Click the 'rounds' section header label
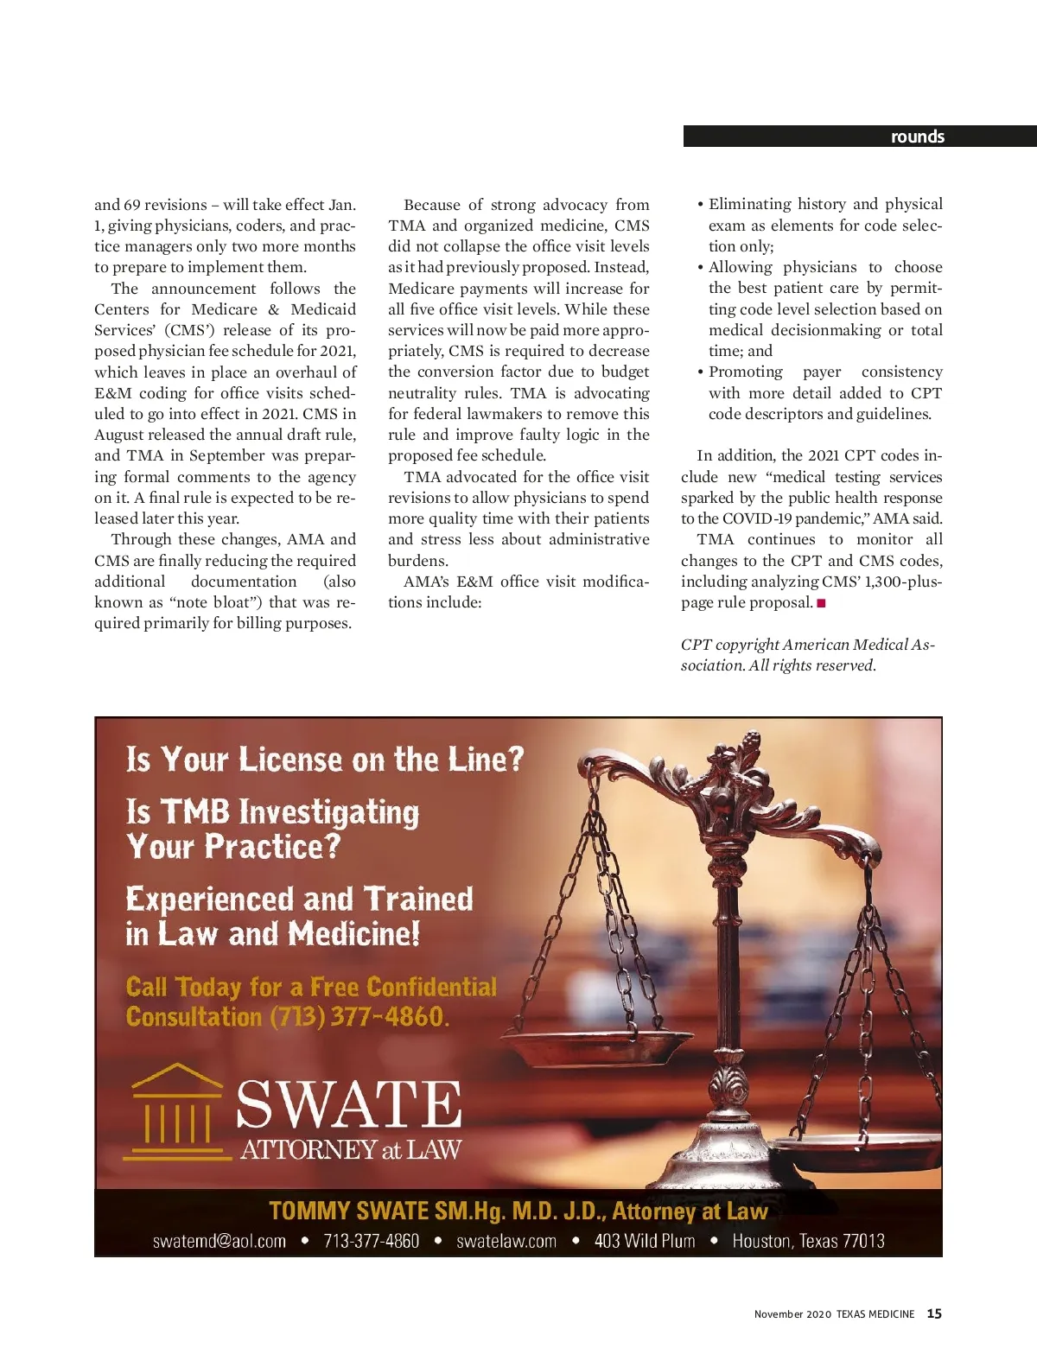(x=917, y=137)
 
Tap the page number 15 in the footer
(x=934, y=1313)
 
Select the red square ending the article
(x=821, y=603)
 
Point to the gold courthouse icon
(x=175, y=1109)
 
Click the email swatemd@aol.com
(x=219, y=1241)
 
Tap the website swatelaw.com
(x=506, y=1241)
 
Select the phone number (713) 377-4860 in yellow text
(x=359, y=1016)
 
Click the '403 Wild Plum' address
(x=645, y=1241)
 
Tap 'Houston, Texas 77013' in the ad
(x=808, y=1241)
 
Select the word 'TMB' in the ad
(x=194, y=812)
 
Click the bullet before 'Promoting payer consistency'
(x=701, y=372)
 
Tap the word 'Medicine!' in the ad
(x=354, y=934)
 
